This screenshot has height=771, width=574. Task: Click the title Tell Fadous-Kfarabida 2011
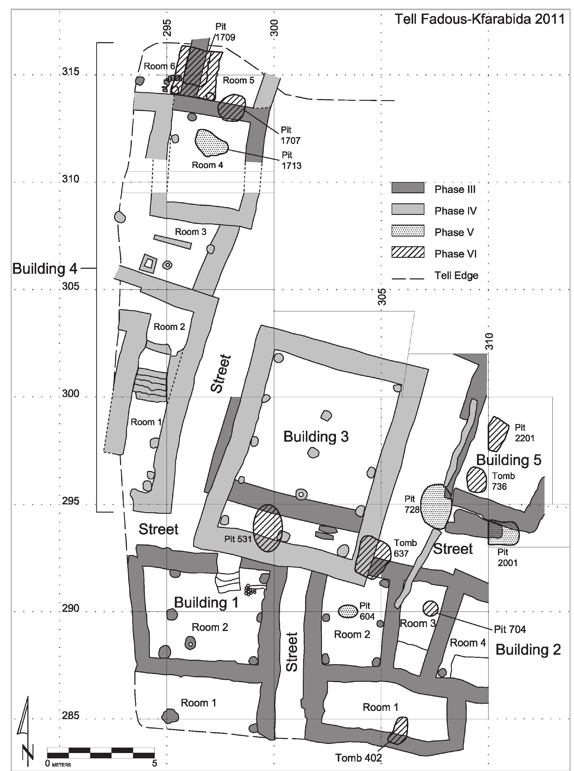coord(479,19)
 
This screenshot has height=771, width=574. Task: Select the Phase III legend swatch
coord(408,188)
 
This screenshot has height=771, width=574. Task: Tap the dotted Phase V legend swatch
coord(408,231)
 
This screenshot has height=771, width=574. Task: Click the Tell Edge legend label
coord(456,276)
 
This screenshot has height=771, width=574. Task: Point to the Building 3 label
coord(316,436)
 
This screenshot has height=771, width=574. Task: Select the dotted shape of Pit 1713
coord(211,143)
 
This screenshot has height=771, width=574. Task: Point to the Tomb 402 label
coord(358,755)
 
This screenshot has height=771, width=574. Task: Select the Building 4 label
coord(44,268)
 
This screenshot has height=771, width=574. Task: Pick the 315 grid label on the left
coord(71,72)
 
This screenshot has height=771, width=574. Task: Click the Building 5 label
coord(508,460)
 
